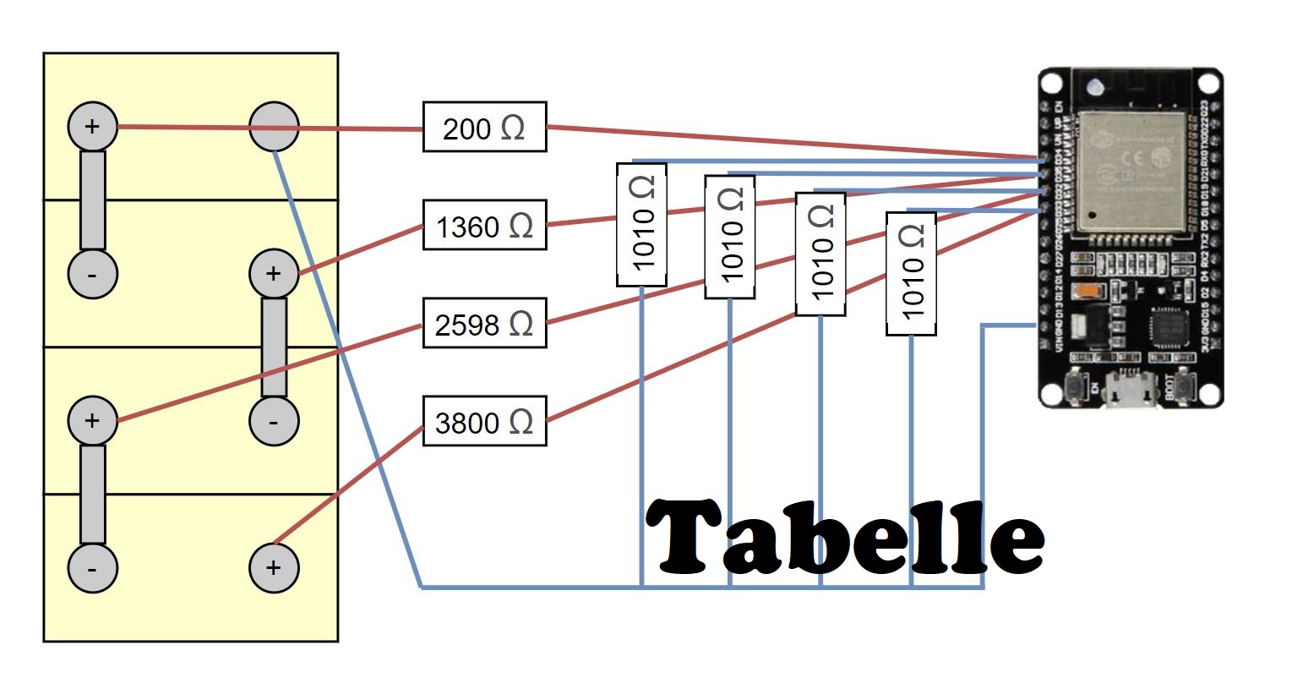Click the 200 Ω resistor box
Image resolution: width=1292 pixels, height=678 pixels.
click(x=484, y=128)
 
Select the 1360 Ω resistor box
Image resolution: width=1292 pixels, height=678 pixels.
click(x=484, y=226)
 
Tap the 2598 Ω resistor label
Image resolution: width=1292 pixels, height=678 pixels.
click(x=484, y=324)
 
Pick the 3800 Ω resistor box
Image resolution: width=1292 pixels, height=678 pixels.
click(x=484, y=421)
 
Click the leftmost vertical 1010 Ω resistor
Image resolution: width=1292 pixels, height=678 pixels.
click(x=641, y=224)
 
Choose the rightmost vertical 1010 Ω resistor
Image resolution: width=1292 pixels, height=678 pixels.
click(x=911, y=274)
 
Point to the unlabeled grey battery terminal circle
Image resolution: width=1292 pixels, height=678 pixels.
click(x=274, y=128)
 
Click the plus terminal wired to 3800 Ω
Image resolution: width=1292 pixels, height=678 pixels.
click(x=274, y=567)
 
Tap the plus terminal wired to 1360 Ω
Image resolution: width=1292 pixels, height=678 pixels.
click(x=274, y=274)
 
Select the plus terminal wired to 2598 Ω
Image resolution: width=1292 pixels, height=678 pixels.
click(x=92, y=420)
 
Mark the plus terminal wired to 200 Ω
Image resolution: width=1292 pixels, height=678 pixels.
click(x=92, y=128)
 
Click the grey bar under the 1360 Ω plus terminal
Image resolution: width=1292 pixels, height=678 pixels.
click(x=274, y=347)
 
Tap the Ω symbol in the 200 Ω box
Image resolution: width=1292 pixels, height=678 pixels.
click(x=512, y=128)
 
